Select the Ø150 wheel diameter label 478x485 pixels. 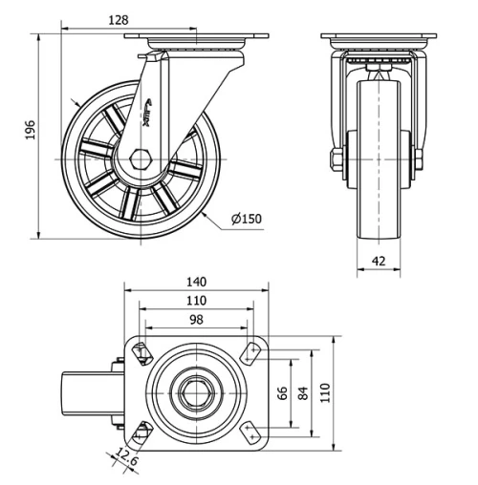[x=247, y=219]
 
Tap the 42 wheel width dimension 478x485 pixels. [x=379, y=259]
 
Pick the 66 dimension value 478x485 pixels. [x=282, y=393]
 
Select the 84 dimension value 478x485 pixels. [x=302, y=393]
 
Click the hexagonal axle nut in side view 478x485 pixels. [x=141, y=159]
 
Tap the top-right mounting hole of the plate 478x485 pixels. [x=253, y=353]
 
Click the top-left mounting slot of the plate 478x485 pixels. [x=141, y=353]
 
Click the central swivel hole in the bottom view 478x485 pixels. [x=196, y=392]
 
